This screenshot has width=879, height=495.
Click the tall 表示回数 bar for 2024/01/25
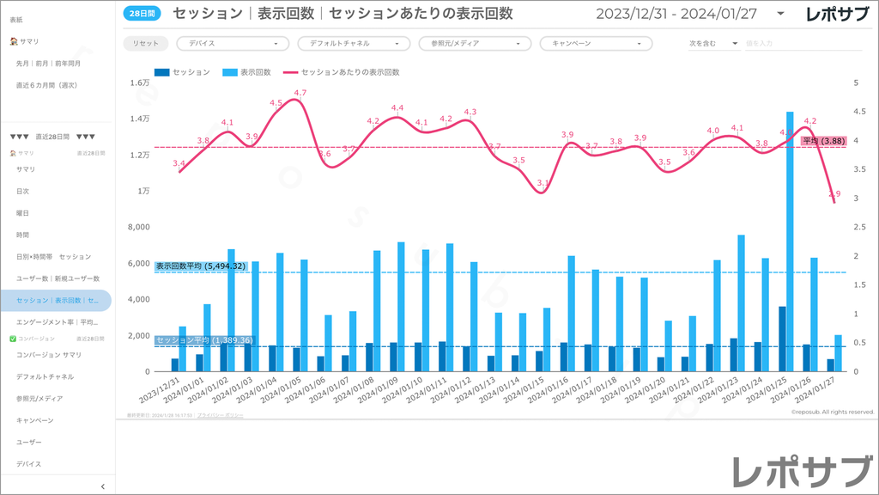(790, 241)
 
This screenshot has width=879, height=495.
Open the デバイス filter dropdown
(233, 43)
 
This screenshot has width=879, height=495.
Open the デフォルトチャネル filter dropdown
(354, 43)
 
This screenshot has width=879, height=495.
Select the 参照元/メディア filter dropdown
(475, 43)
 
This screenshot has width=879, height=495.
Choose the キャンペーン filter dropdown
(596, 43)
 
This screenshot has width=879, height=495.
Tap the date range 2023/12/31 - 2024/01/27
(682, 14)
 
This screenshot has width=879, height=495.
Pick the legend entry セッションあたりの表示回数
(343, 73)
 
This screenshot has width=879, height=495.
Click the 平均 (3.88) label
(823, 141)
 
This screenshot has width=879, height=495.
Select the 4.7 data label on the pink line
(300, 93)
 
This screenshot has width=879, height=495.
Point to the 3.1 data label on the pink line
(543, 183)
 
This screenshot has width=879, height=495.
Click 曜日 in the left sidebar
(22, 213)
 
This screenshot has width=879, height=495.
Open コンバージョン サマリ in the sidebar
(48, 355)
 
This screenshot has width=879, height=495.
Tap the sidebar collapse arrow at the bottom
(103, 486)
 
